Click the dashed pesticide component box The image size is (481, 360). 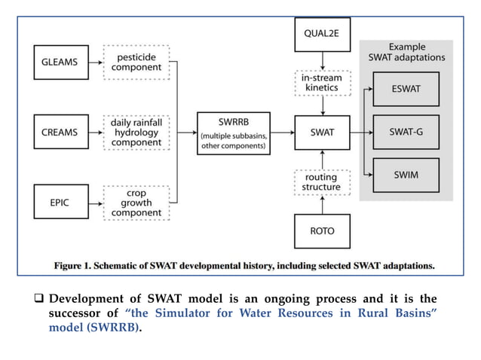click(137, 63)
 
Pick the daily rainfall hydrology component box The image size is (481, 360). click(137, 132)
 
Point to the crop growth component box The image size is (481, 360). click(137, 203)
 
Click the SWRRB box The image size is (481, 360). click(232, 133)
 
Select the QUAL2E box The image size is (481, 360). click(322, 33)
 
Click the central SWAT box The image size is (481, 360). click(322, 133)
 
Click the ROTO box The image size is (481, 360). click(322, 230)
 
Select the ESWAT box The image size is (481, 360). click(406, 88)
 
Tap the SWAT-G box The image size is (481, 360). click(406, 133)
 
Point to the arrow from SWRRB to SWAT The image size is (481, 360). click(281, 133)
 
